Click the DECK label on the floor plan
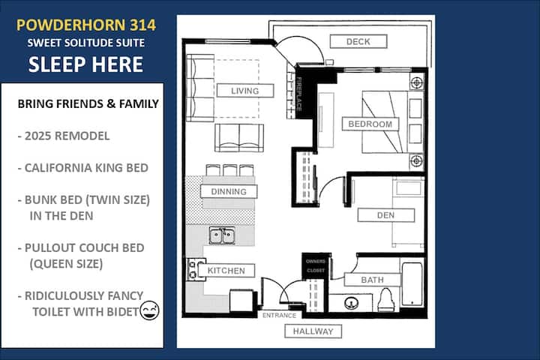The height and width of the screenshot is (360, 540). pyautogui.click(x=358, y=41)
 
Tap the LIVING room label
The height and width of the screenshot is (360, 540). pyautogui.click(x=245, y=91)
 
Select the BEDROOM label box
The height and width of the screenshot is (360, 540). pyautogui.click(x=370, y=124)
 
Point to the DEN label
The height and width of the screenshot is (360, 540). pyautogui.click(x=385, y=215)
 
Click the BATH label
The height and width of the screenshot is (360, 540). pyautogui.click(x=372, y=280)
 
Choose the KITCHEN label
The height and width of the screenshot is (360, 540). pyautogui.click(x=226, y=271)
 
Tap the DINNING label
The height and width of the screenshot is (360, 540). pyautogui.click(x=229, y=191)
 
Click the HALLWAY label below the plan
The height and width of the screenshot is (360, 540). pyautogui.click(x=313, y=331)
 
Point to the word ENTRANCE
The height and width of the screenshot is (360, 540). pyautogui.click(x=279, y=315)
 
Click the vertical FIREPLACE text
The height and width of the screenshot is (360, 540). pyautogui.click(x=299, y=94)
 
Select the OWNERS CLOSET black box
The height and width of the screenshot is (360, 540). pyautogui.click(x=316, y=265)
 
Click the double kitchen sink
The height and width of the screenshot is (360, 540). pyautogui.click(x=222, y=236)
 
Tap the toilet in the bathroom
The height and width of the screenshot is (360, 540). pyautogui.click(x=385, y=300)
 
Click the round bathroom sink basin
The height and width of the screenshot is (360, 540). pyautogui.click(x=351, y=303)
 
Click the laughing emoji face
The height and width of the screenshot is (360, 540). pyautogui.click(x=149, y=310)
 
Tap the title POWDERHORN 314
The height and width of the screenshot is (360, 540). pyautogui.click(x=86, y=25)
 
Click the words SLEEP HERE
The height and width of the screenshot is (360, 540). pyautogui.click(x=85, y=64)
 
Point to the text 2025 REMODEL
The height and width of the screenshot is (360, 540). pyautogui.click(x=64, y=136)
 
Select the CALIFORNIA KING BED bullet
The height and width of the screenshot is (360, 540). pyautogui.click(x=83, y=168)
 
